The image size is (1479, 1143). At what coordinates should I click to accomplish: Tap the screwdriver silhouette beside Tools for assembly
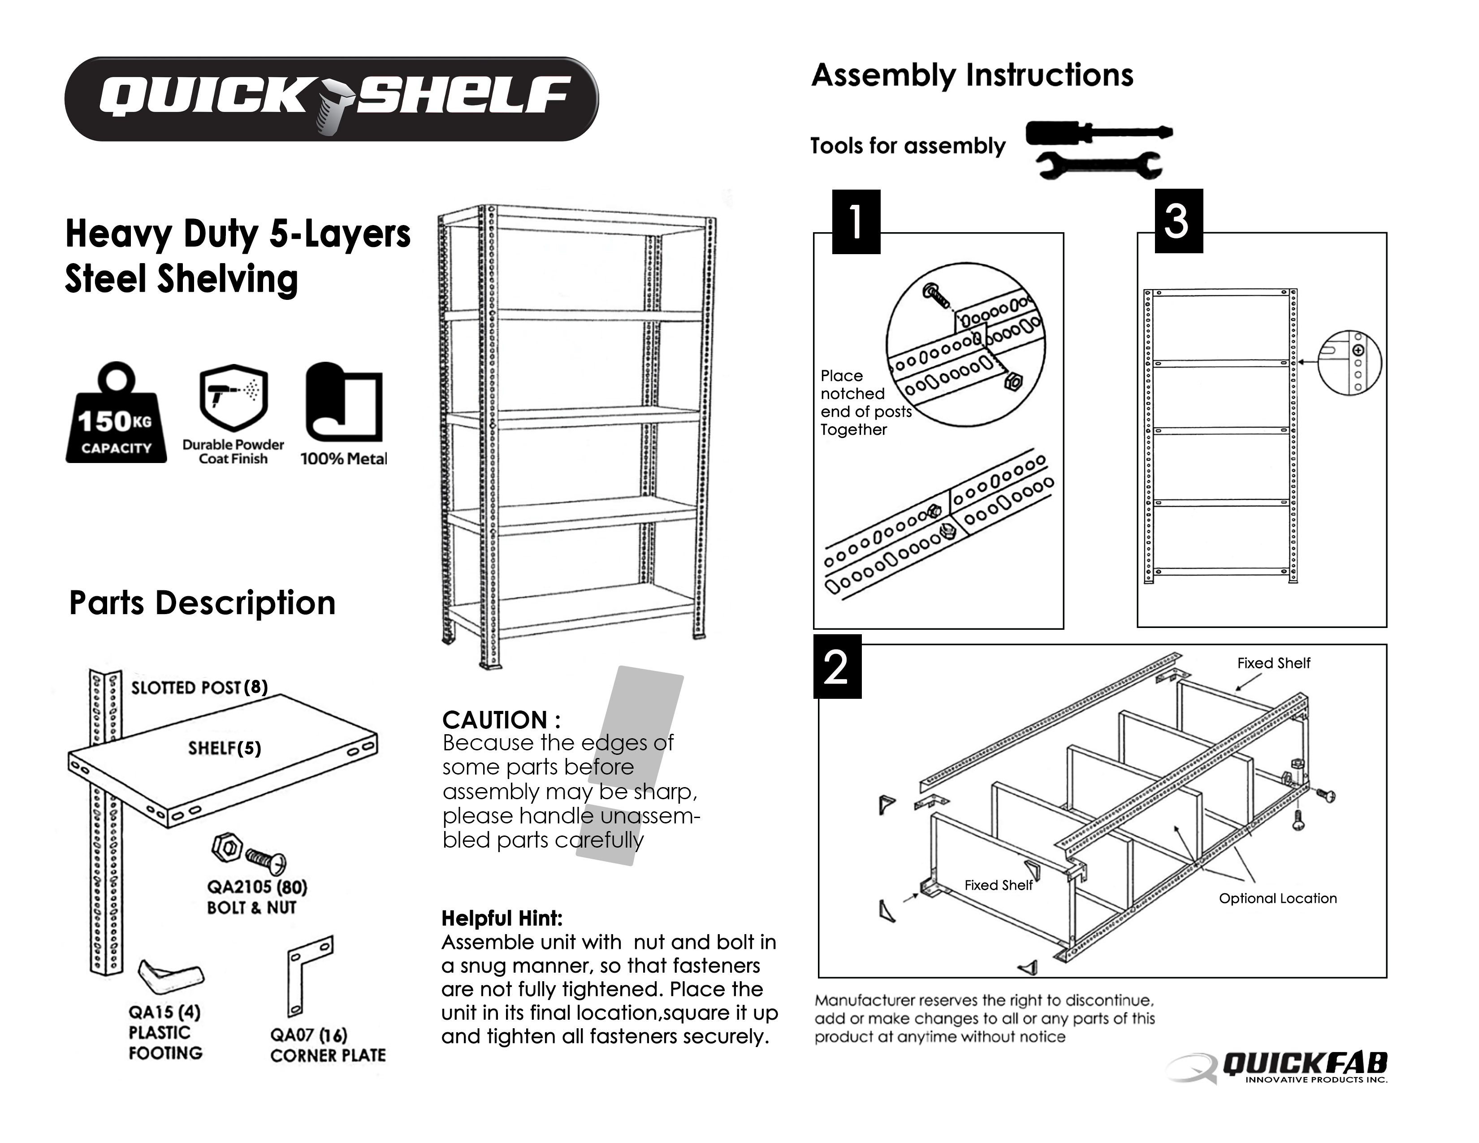(x=1098, y=132)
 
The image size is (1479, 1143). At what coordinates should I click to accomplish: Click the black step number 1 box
(x=856, y=221)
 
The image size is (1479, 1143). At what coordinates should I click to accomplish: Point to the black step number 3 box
(x=1178, y=221)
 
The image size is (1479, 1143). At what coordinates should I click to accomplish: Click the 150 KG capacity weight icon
(x=116, y=415)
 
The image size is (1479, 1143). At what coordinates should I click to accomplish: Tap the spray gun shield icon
(x=234, y=398)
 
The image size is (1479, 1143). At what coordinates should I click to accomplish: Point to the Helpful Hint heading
(x=502, y=918)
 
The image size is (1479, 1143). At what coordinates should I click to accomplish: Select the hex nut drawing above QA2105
(x=228, y=847)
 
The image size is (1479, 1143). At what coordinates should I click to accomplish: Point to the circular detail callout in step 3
(x=1349, y=362)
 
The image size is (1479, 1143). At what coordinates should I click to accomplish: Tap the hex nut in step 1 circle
(x=1013, y=382)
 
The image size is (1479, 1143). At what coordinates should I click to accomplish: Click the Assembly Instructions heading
(x=972, y=74)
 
